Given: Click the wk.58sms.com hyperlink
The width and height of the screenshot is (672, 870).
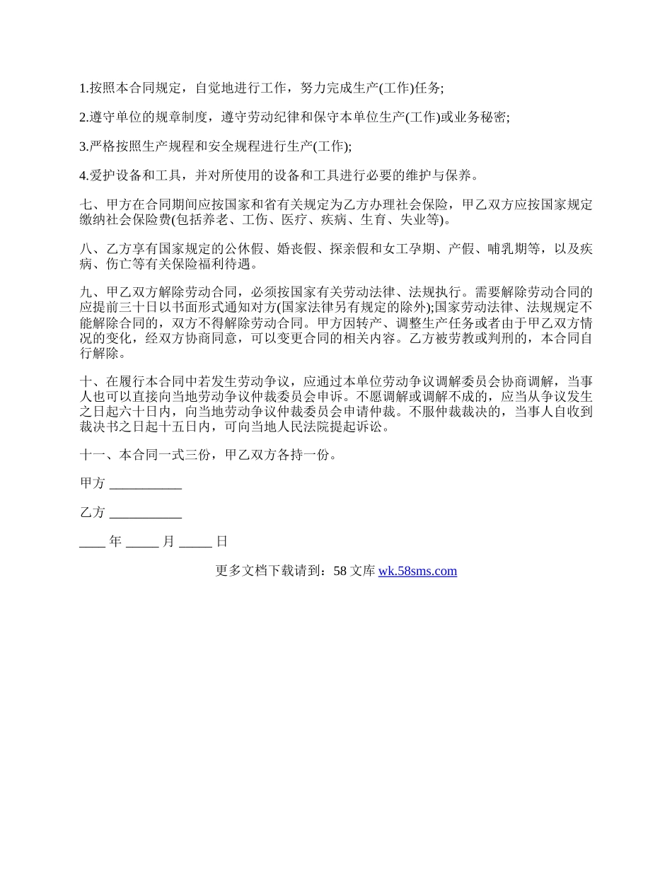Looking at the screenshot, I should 417,571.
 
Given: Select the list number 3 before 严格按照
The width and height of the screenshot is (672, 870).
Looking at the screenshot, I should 83,146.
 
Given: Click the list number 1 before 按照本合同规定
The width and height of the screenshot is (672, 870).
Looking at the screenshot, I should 83,88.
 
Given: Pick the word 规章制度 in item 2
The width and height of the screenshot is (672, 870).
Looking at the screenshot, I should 183,117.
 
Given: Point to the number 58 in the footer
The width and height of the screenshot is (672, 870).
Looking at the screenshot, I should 339,571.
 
